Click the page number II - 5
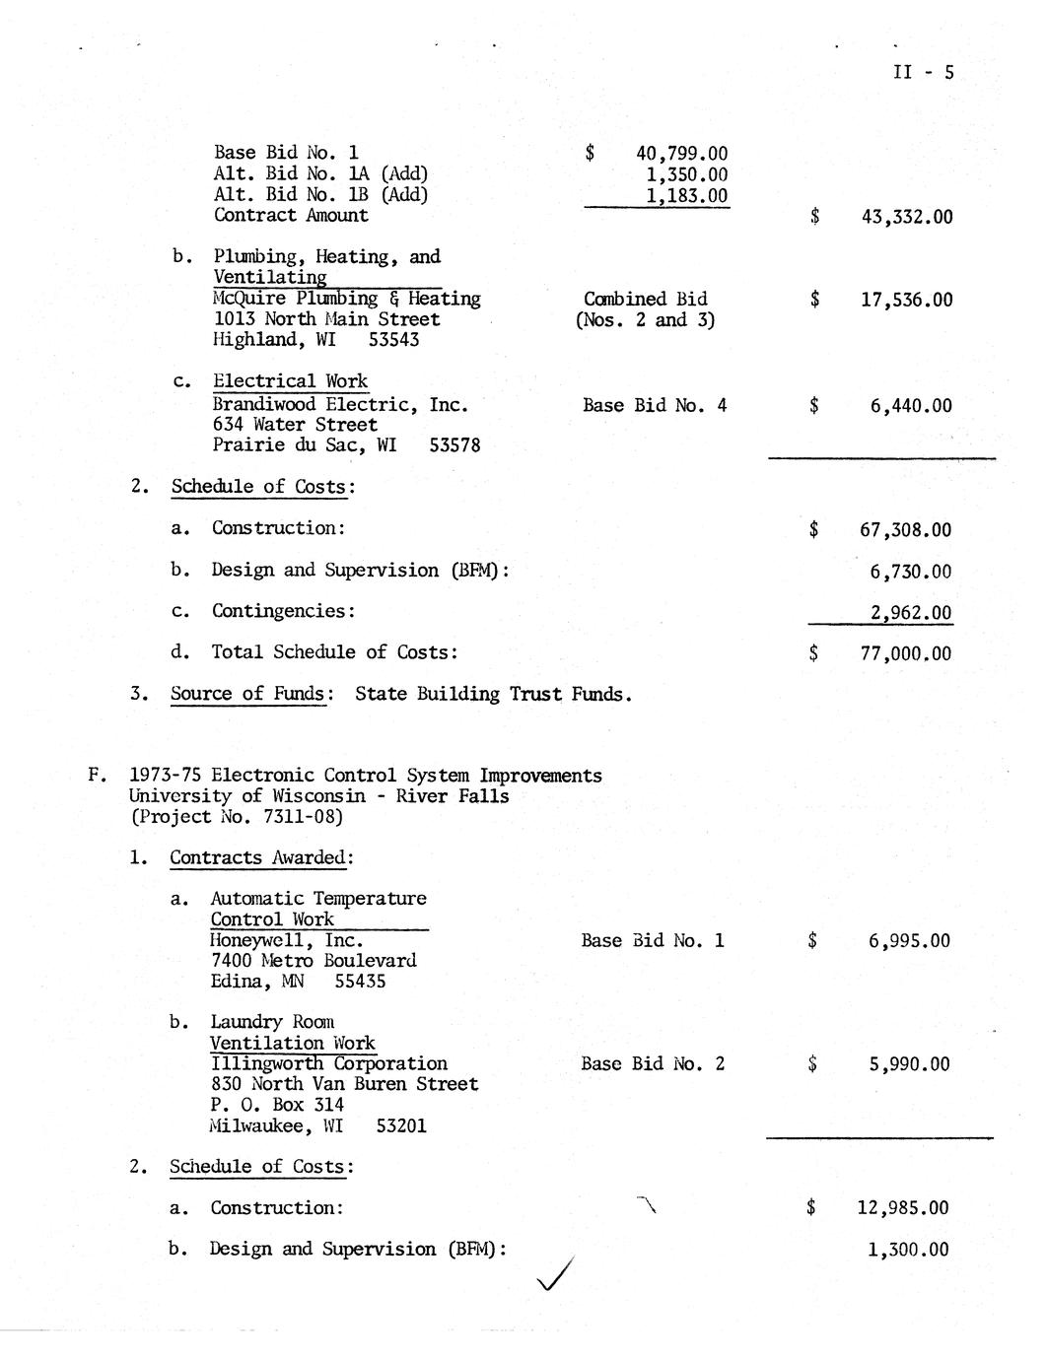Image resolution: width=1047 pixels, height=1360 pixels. click(x=923, y=72)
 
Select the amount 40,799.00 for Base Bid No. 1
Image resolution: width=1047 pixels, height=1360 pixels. click(x=682, y=153)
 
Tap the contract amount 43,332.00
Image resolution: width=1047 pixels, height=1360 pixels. click(x=906, y=217)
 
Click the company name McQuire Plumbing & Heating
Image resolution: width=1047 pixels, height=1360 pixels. click(x=347, y=299)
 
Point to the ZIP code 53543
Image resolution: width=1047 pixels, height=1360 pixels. click(x=393, y=340)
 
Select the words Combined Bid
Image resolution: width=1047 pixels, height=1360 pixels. click(x=645, y=299)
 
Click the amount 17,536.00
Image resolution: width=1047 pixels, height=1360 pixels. click(x=906, y=300)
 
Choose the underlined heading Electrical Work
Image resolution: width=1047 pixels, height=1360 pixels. click(x=290, y=381)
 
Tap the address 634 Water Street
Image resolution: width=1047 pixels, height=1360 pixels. click(x=295, y=425)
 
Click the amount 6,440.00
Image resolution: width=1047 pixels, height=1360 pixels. click(x=911, y=405)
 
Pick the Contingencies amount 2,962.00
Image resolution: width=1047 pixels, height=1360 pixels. click(x=910, y=612)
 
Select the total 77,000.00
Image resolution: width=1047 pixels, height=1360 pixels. click(x=905, y=653)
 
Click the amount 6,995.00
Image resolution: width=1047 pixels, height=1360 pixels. click(x=909, y=941)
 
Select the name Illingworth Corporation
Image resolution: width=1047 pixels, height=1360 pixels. click(x=328, y=1063)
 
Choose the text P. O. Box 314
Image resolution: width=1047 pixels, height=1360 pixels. click(x=276, y=1105)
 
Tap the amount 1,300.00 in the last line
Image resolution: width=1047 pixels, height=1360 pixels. click(x=908, y=1250)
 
